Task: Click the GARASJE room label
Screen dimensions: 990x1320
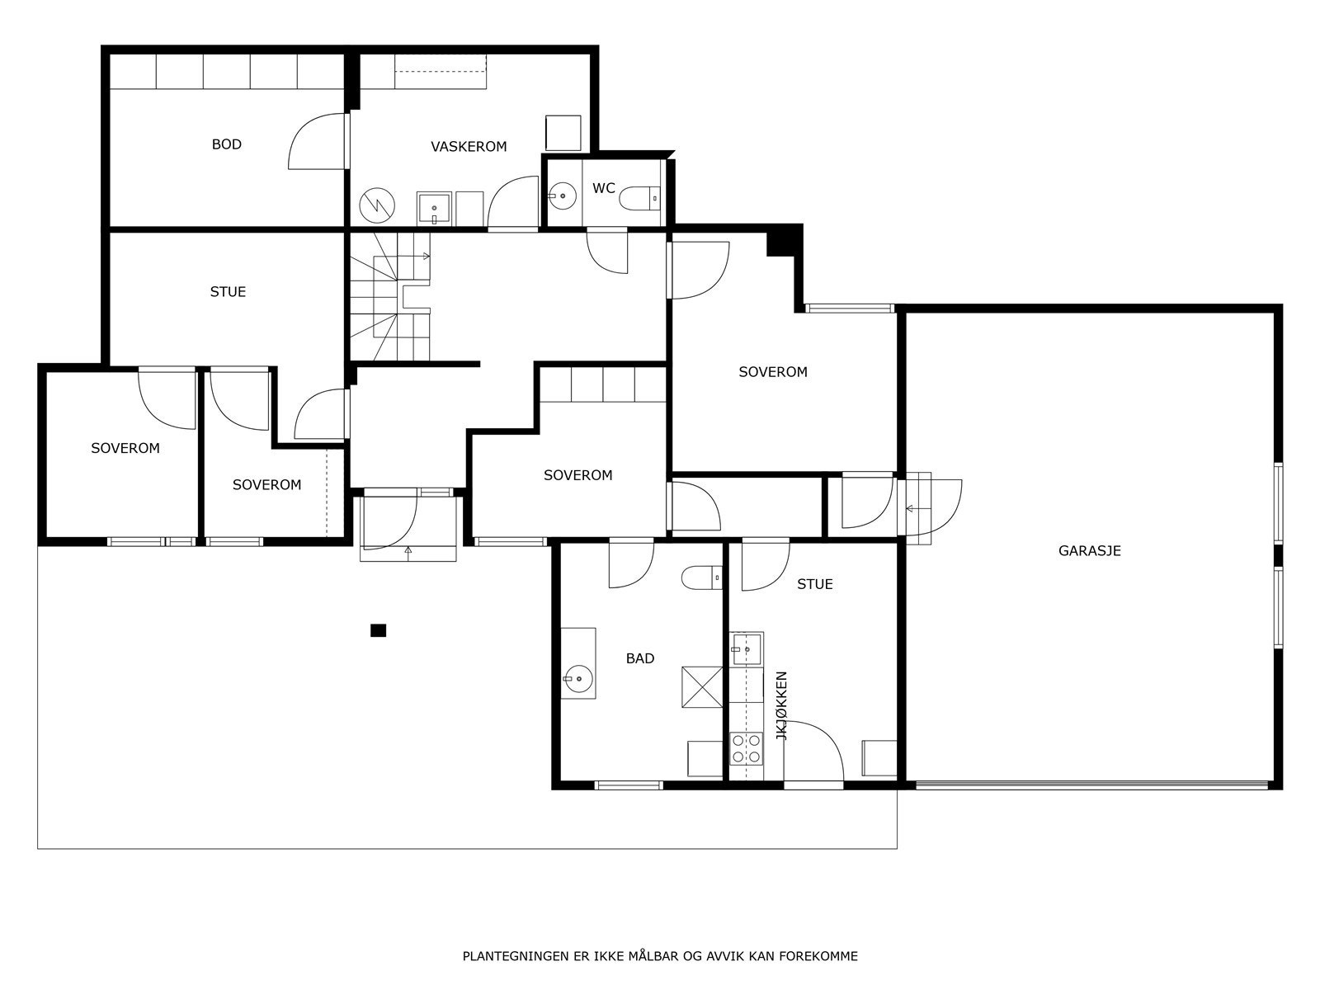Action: [1089, 551]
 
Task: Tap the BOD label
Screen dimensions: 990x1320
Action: [227, 144]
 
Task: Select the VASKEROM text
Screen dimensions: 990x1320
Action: [469, 147]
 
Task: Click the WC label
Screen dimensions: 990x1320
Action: [603, 188]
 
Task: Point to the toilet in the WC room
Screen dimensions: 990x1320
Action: [640, 197]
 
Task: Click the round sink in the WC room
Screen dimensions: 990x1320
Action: [563, 196]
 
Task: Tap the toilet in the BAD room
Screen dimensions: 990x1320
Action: [701, 577]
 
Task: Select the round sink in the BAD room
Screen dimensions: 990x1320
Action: [579, 679]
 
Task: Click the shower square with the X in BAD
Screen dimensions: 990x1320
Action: [701, 686]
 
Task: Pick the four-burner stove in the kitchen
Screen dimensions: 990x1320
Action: [746, 748]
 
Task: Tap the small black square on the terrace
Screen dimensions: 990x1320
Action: [378, 630]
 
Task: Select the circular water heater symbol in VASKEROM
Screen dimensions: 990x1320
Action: [377, 205]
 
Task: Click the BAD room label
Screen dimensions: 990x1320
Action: [640, 658]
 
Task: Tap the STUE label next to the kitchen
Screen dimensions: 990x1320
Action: [814, 584]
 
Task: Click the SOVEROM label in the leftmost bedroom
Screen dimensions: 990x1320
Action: [125, 448]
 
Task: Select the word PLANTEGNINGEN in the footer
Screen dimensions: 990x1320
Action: [514, 956]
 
